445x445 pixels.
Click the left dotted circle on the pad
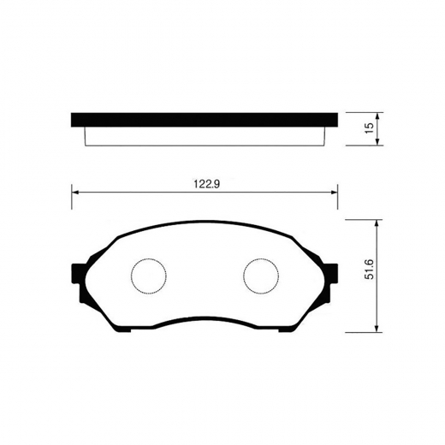point(147,276)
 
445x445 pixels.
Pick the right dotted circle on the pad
point(260,276)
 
